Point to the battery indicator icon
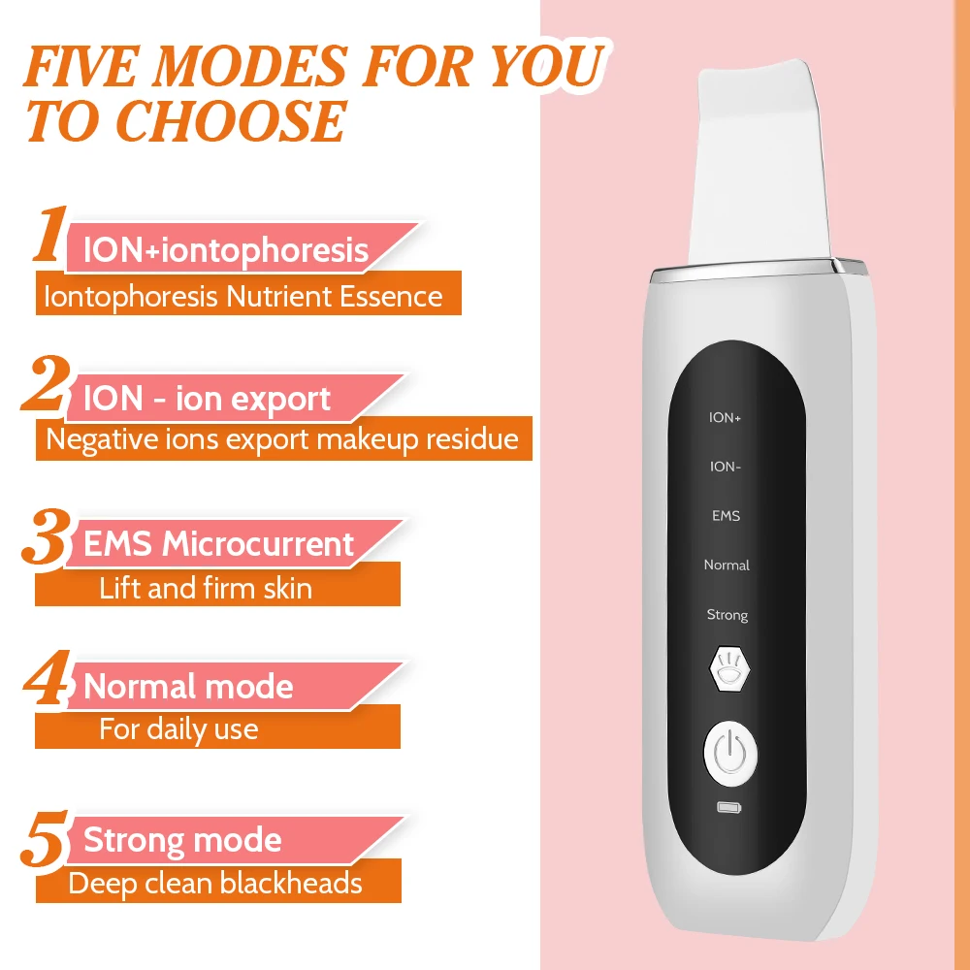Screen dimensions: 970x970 pos(727,807)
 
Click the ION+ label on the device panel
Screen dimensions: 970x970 pos(726,418)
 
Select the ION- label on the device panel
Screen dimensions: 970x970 pos(726,467)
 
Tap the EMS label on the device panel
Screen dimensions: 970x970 pos(726,516)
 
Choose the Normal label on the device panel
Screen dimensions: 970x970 pos(727,565)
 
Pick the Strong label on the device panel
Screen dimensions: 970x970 pos(727,615)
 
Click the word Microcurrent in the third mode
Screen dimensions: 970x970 pos(258,544)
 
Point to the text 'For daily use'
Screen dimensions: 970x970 pos(178,728)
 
